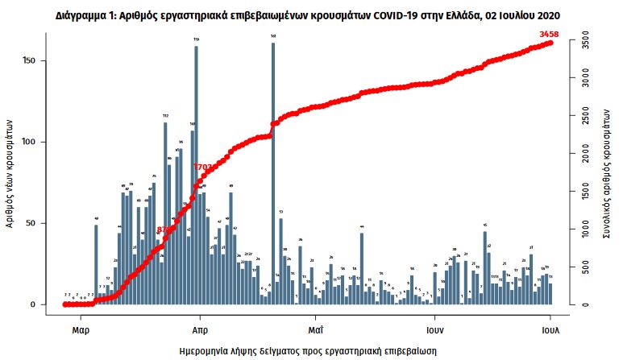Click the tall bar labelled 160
click(x=273, y=173)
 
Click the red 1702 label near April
click(x=204, y=167)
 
